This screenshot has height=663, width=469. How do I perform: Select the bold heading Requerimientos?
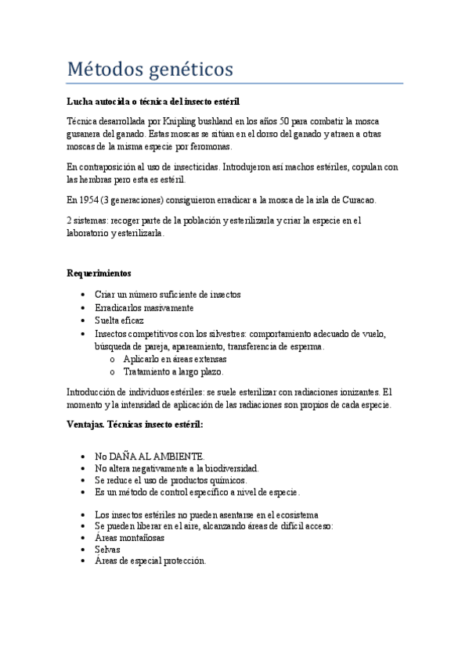[x=99, y=274]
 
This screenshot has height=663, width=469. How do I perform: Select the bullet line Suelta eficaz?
[x=120, y=321]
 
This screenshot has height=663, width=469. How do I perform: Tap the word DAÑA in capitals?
[x=125, y=456]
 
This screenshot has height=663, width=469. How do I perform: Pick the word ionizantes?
[x=353, y=392]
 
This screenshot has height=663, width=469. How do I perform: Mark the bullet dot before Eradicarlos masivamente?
[x=84, y=308]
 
